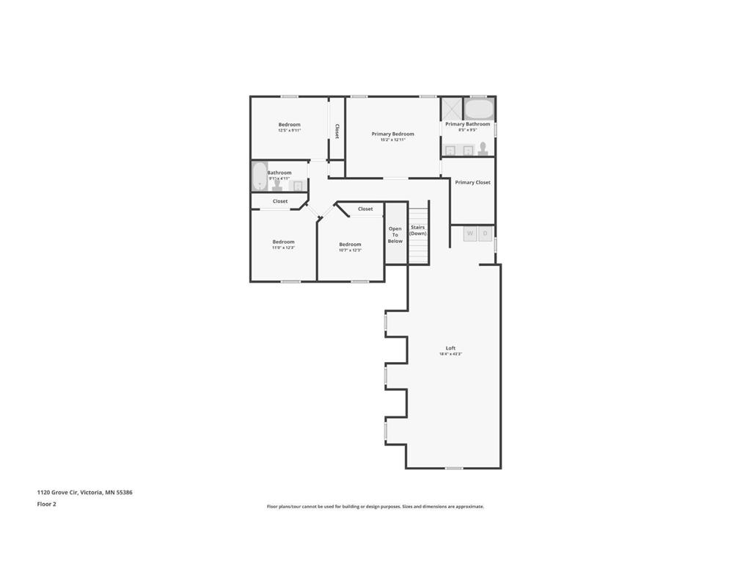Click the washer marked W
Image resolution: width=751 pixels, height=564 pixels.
470,234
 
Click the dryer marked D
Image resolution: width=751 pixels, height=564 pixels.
485,234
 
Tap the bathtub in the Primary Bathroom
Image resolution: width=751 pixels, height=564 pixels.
479,109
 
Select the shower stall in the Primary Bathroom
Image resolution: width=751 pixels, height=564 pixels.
451,109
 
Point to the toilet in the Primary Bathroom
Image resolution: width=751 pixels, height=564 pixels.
483,148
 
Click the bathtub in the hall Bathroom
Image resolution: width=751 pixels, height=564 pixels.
259,176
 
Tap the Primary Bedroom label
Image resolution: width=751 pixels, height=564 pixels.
392,134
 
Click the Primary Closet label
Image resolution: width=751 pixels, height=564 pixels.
472,182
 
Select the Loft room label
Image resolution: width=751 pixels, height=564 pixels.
450,348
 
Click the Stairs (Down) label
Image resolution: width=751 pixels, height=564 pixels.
417,230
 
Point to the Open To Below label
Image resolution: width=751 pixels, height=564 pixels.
395,235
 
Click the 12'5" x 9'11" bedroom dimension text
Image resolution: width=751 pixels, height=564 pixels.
289,131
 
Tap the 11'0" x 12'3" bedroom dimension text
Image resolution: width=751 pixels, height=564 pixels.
283,248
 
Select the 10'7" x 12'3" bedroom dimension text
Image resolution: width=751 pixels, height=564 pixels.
350,250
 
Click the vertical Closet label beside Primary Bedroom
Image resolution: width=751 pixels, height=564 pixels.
337,131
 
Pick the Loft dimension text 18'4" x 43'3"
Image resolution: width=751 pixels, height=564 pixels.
450,354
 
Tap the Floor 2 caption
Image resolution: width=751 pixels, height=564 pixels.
46,504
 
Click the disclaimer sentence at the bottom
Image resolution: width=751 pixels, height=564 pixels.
375,506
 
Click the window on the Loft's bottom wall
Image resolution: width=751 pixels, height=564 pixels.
454,468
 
